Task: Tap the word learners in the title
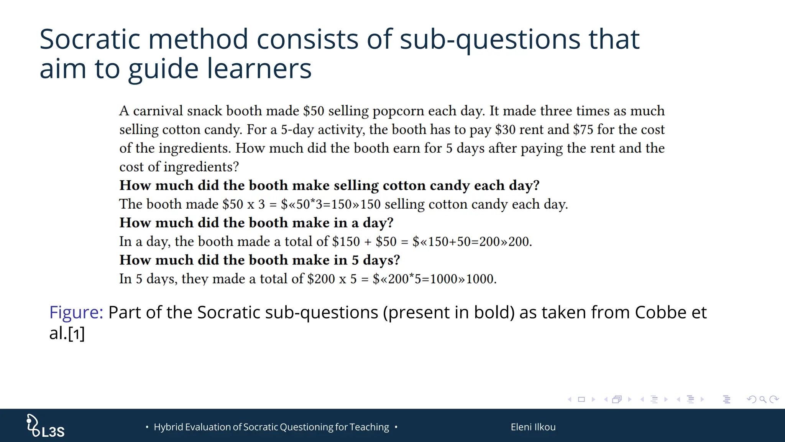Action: coord(259,69)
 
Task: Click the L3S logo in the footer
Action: coord(45,426)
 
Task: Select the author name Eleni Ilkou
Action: coord(533,427)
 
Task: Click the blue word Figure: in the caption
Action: coord(76,312)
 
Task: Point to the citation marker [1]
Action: coord(76,333)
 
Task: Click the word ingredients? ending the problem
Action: coord(201,167)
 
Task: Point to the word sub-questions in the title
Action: coord(490,40)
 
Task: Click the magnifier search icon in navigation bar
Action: coord(763,399)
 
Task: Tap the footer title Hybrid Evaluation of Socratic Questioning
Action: coord(271,427)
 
